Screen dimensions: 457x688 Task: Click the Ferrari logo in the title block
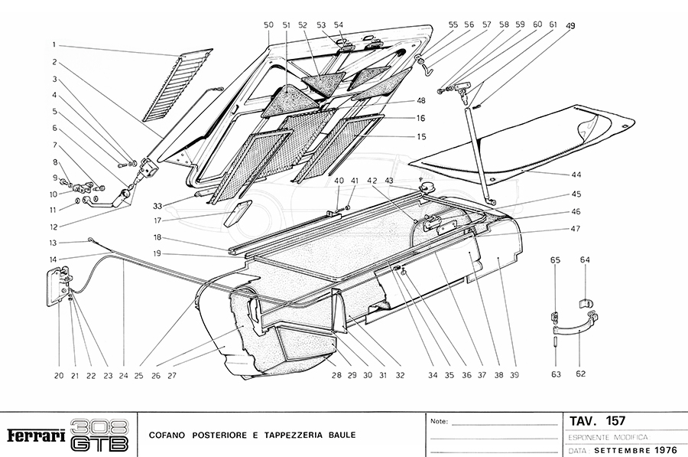coord(34,436)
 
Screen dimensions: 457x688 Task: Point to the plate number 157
coord(615,421)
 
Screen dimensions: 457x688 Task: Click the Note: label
coord(440,422)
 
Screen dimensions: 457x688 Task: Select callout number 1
coord(54,44)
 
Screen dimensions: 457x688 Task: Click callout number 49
coord(570,25)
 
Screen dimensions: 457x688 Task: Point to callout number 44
coord(576,175)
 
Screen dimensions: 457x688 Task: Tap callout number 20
coord(58,375)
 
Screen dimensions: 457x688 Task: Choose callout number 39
coord(514,375)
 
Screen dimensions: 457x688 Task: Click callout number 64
coord(584,260)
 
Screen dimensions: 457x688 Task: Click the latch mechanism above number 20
coord(59,286)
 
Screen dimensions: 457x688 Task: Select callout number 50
coord(268,25)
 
